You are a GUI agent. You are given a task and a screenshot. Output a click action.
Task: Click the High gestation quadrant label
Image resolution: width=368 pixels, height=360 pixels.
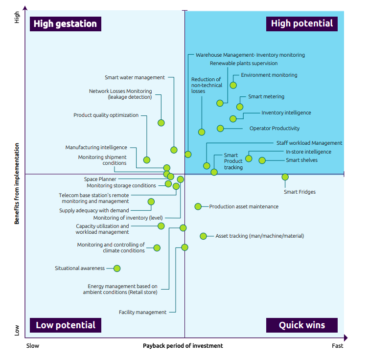[x=66, y=24]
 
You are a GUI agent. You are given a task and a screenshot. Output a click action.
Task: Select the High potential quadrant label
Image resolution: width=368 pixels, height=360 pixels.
[x=302, y=23]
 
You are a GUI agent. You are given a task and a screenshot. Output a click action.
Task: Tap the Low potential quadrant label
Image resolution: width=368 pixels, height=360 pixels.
[x=66, y=325]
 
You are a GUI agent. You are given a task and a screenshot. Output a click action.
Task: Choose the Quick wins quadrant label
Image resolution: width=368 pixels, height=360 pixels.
[x=302, y=325]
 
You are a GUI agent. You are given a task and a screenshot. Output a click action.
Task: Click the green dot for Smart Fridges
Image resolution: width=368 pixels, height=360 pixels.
[x=285, y=177]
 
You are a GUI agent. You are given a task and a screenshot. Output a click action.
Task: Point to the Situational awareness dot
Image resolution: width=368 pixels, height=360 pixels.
[x=117, y=269]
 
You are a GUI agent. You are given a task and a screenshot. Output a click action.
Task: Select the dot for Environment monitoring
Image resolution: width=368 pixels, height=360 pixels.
[x=233, y=85]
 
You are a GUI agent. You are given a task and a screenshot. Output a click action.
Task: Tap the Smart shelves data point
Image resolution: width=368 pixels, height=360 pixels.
[x=262, y=160]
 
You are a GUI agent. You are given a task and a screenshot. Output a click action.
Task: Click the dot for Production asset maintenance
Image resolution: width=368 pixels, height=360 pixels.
[x=198, y=206]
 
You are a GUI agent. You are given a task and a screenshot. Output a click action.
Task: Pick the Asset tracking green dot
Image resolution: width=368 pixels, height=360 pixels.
[x=203, y=236]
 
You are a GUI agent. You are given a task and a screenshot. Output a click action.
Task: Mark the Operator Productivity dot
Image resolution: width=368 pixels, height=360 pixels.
[x=220, y=129]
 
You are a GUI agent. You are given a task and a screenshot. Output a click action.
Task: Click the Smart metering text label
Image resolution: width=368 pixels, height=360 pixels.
[x=266, y=97]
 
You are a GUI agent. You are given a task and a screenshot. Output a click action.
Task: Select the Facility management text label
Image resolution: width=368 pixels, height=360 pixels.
[x=142, y=313]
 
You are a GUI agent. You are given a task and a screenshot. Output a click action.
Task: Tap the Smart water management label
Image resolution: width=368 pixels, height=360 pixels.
[x=135, y=78]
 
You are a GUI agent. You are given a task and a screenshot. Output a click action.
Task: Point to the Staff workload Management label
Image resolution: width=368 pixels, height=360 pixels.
[x=309, y=143]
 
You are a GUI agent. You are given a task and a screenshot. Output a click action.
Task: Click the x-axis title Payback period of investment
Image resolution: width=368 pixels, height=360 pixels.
[x=183, y=346]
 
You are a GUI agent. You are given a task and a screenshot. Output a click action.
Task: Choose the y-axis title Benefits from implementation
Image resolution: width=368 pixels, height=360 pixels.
[x=17, y=183]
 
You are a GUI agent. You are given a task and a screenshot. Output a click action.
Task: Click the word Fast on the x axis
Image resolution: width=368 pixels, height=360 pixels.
[x=338, y=346]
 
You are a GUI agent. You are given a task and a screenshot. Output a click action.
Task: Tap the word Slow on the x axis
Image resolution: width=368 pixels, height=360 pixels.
[x=33, y=346]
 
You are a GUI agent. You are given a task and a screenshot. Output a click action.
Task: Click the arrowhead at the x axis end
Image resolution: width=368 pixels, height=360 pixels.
[x=345, y=338]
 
